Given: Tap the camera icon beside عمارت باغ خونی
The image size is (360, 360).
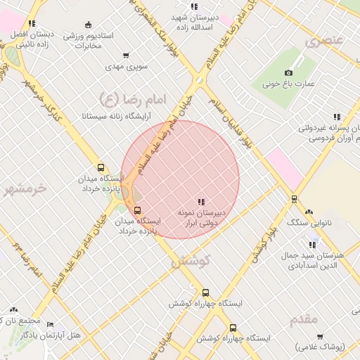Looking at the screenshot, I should tap(288, 73).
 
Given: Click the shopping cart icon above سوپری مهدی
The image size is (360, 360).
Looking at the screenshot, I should tap(126, 56).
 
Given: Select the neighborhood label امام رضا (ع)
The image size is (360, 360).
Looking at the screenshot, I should tap(131, 99).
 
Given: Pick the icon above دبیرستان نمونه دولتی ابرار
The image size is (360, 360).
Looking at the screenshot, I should tap(201, 202).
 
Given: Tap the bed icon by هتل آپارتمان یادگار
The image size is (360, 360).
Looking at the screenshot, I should tap(49, 325).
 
